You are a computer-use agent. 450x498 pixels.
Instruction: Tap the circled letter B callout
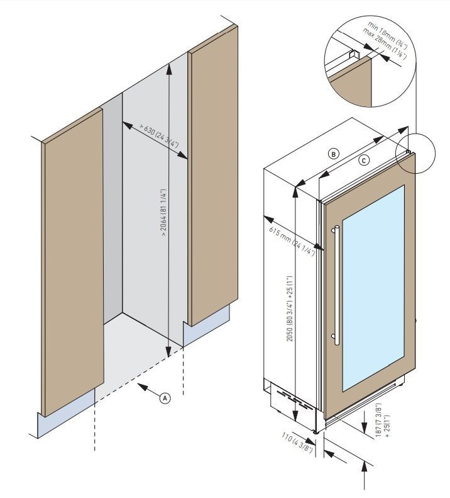tap(334, 153)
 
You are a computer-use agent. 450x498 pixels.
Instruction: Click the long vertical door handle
tap(338, 284)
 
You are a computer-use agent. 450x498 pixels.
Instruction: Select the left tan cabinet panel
tap(72, 264)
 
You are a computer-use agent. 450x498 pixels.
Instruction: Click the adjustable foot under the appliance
tap(315, 431)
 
